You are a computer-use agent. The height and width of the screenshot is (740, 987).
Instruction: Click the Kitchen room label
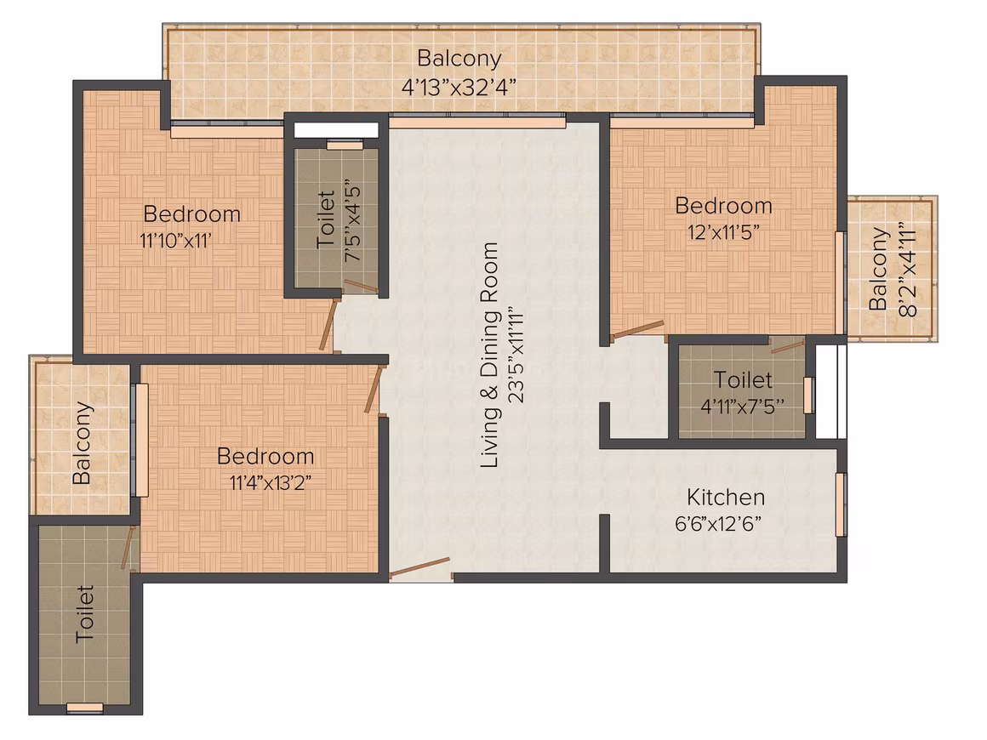click(726, 497)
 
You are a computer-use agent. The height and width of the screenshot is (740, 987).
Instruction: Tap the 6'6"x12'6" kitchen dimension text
click(718, 524)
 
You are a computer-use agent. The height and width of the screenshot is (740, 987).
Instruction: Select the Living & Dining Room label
click(489, 355)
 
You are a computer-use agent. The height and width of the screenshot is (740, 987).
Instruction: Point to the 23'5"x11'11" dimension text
click(516, 355)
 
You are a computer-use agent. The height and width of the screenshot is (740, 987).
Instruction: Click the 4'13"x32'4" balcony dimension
click(459, 86)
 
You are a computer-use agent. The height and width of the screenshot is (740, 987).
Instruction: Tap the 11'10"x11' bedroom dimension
click(175, 241)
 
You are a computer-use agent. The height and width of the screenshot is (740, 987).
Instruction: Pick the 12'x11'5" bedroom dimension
click(723, 232)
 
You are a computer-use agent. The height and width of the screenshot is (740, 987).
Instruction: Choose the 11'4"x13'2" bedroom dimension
click(270, 482)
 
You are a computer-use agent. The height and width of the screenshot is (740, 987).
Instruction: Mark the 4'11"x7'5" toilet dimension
click(743, 407)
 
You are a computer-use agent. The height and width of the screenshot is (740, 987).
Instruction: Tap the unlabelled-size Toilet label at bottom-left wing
click(84, 614)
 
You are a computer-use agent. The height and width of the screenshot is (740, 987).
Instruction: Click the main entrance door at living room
click(419, 567)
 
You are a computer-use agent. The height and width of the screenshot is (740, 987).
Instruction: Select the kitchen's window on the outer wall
click(841, 504)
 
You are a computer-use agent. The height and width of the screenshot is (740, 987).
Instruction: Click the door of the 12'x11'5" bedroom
click(637, 330)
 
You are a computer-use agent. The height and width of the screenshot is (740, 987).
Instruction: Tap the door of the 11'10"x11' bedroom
click(326, 323)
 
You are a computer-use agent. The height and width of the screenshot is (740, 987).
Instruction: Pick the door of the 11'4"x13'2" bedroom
click(374, 390)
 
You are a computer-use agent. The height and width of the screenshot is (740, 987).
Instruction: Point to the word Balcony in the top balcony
click(459, 58)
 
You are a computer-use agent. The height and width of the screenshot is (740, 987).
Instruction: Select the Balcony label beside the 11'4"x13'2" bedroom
click(82, 443)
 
